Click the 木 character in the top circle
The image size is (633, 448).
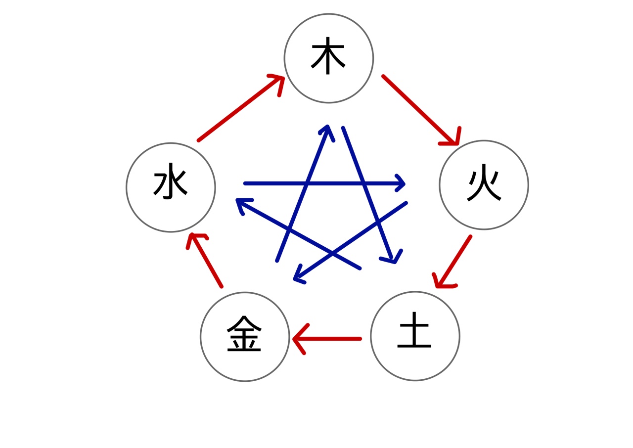[328, 56]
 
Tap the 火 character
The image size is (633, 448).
[484, 182]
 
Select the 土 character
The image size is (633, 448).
[414, 330]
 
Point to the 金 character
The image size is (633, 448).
[244, 333]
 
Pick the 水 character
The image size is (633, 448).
[170, 181]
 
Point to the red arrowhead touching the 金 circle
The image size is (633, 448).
[299, 339]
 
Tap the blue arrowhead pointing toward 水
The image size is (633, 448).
[241, 203]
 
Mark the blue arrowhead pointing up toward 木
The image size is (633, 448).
[327, 132]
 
